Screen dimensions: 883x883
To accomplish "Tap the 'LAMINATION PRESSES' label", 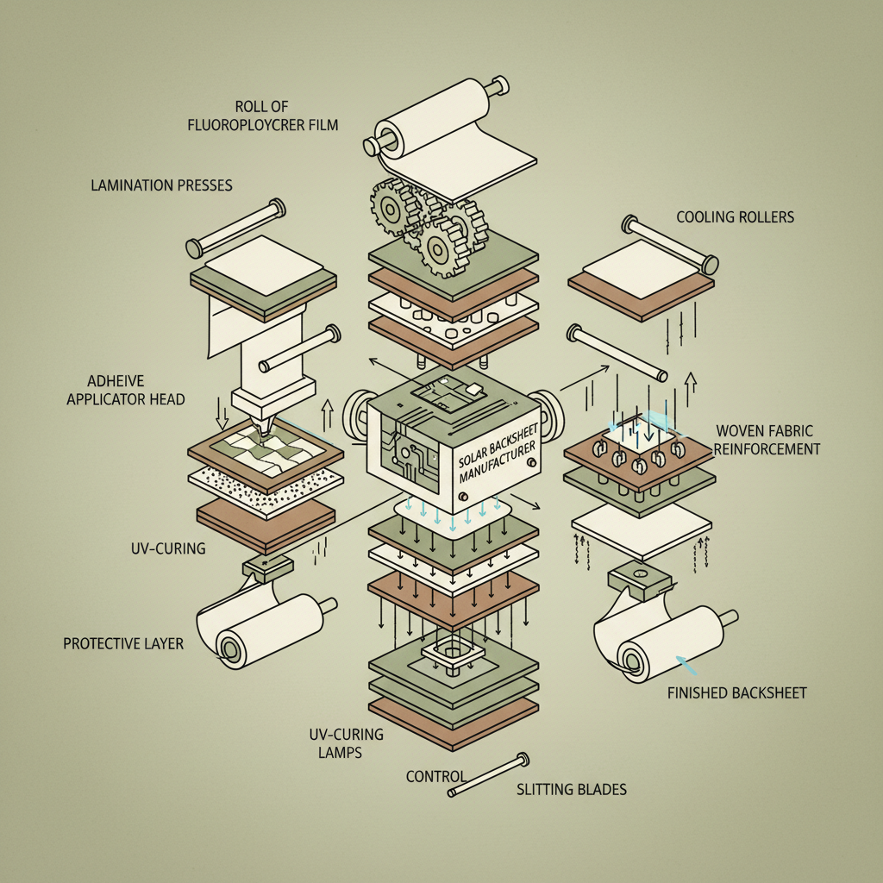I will [160, 185].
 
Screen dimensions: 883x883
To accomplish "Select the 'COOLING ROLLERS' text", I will [735, 217].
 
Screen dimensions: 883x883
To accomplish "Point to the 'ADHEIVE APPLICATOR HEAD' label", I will [126, 390].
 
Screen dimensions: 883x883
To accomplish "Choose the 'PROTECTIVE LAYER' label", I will [123, 643].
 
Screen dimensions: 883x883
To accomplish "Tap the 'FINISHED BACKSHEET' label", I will [737, 692].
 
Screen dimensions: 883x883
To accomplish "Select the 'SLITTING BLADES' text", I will [572, 789].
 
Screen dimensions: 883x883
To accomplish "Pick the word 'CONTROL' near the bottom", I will [435, 777].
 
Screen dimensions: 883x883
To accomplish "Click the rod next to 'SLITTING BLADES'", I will [488, 775].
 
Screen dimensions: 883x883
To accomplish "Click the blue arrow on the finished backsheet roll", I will [689, 664].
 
